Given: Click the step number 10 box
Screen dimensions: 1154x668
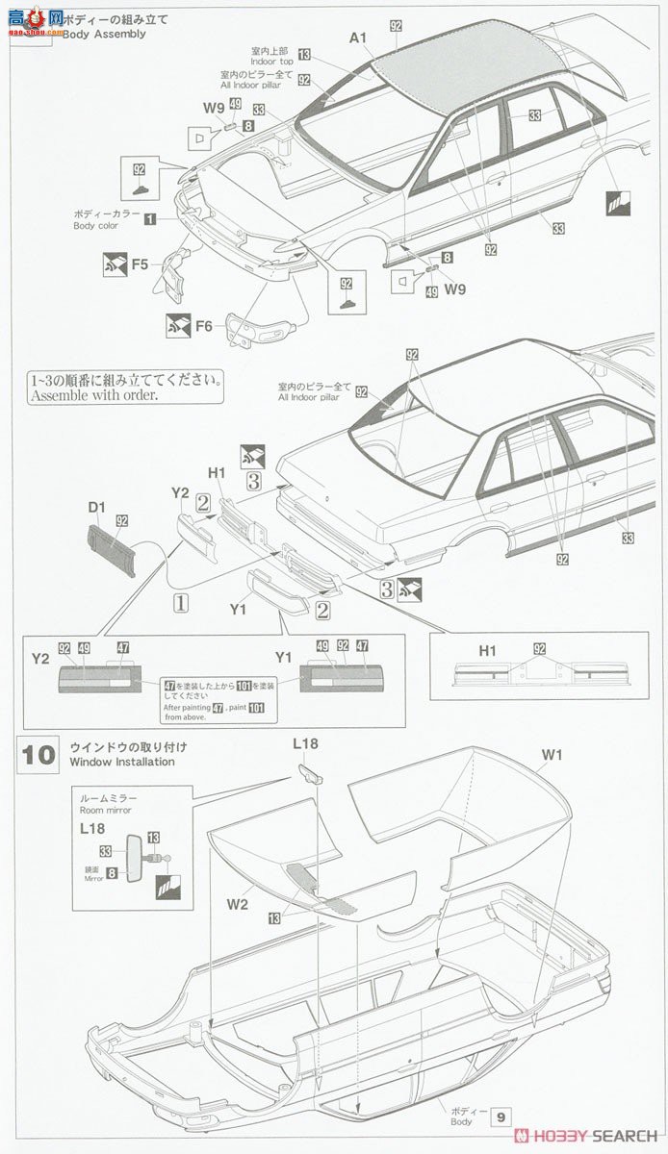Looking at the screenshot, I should pyautogui.click(x=39, y=753).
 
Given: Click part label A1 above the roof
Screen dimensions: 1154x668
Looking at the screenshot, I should pyautogui.click(x=358, y=38).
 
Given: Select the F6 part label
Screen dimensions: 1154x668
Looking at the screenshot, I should pyautogui.click(x=203, y=326).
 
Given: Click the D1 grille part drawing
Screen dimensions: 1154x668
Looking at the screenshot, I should pyautogui.click(x=113, y=549).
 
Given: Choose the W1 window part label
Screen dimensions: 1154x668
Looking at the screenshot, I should pyautogui.click(x=550, y=755).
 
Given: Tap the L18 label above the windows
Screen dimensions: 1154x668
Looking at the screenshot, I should pyautogui.click(x=305, y=743).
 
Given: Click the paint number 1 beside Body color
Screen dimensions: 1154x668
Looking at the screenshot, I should pyautogui.click(x=150, y=219).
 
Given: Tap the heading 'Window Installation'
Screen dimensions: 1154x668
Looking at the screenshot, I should pyautogui.click(x=122, y=762).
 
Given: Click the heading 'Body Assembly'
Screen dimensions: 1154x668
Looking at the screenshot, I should pyautogui.click(x=104, y=34).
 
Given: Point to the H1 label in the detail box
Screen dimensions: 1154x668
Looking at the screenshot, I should pyautogui.click(x=488, y=651).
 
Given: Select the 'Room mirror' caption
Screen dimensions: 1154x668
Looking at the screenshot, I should pyautogui.click(x=105, y=811).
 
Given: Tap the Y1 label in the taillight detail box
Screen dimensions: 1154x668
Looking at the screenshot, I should pyautogui.click(x=283, y=659).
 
